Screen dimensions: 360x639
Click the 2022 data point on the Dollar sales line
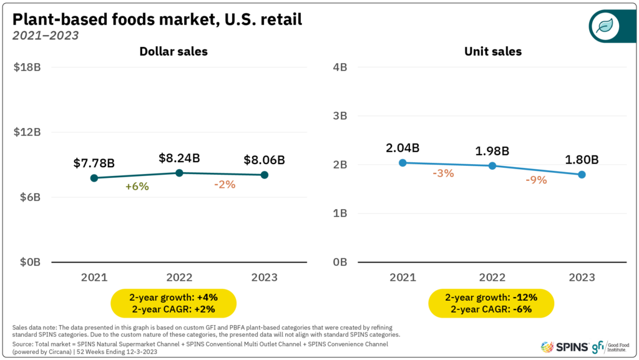179,173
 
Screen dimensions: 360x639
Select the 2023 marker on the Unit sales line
582,175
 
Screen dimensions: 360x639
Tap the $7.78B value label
94,163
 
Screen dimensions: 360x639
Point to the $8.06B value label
264,160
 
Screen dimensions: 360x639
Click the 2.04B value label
402,148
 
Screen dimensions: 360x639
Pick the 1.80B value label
582,160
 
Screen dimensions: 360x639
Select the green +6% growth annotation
137,186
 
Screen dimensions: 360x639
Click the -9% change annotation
536,180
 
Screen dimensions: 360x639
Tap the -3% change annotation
443,173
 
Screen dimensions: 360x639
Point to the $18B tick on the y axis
27,67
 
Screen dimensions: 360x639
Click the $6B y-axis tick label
27,197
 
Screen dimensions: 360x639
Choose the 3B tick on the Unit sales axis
339,116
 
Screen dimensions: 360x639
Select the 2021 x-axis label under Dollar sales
94,277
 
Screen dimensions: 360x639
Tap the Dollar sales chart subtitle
173,52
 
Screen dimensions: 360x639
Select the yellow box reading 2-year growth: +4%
174,303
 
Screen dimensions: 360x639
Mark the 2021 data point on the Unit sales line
402,163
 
